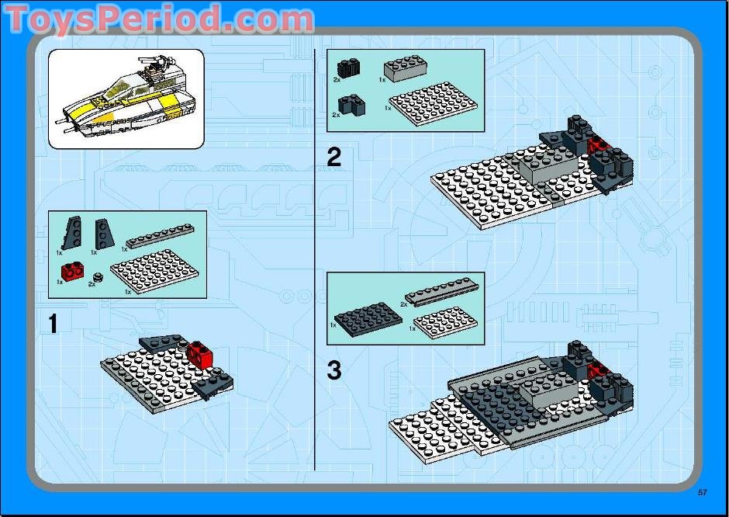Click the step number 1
pyautogui.click(x=53, y=323)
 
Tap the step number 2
pyautogui.click(x=333, y=158)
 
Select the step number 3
pyautogui.click(x=333, y=370)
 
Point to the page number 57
pyautogui.click(x=703, y=491)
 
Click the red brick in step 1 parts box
pyautogui.click(x=74, y=271)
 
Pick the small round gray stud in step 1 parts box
pyautogui.click(x=98, y=277)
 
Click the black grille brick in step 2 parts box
pyautogui.click(x=348, y=68)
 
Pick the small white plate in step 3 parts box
pyautogui.click(x=444, y=321)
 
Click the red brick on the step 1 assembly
pyautogui.click(x=200, y=355)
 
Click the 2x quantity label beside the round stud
pyautogui.click(x=92, y=284)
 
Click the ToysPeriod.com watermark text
pyautogui.click(x=159, y=19)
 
